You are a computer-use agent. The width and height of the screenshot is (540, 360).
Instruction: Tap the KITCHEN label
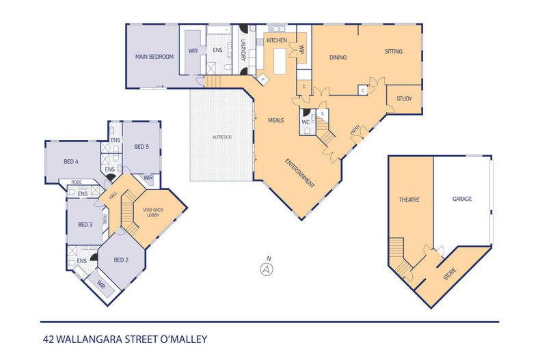click(x=277, y=41)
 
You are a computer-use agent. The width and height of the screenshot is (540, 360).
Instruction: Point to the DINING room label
click(x=339, y=57)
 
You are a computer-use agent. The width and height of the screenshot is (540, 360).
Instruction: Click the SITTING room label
click(x=393, y=51)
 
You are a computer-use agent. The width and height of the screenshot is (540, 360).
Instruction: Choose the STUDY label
click(x=404, y=99)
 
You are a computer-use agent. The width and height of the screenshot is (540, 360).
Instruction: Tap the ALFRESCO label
click(x=221, y=137)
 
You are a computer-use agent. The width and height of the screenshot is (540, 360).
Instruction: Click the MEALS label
click(x=275, y=121)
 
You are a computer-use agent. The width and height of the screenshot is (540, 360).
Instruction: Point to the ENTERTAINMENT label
click(x=301, y=173)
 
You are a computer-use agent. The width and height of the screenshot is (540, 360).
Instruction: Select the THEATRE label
click(x=409, y=200)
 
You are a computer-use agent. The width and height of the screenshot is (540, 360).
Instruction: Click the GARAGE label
click(x=462, y=199)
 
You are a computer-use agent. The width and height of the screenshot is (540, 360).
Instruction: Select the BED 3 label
click(x=85, y=224)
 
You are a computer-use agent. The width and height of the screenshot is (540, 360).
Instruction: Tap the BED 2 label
click(x=121, y=260)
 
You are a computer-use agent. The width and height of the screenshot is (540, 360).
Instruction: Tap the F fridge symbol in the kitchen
click(x=261, y=80)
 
